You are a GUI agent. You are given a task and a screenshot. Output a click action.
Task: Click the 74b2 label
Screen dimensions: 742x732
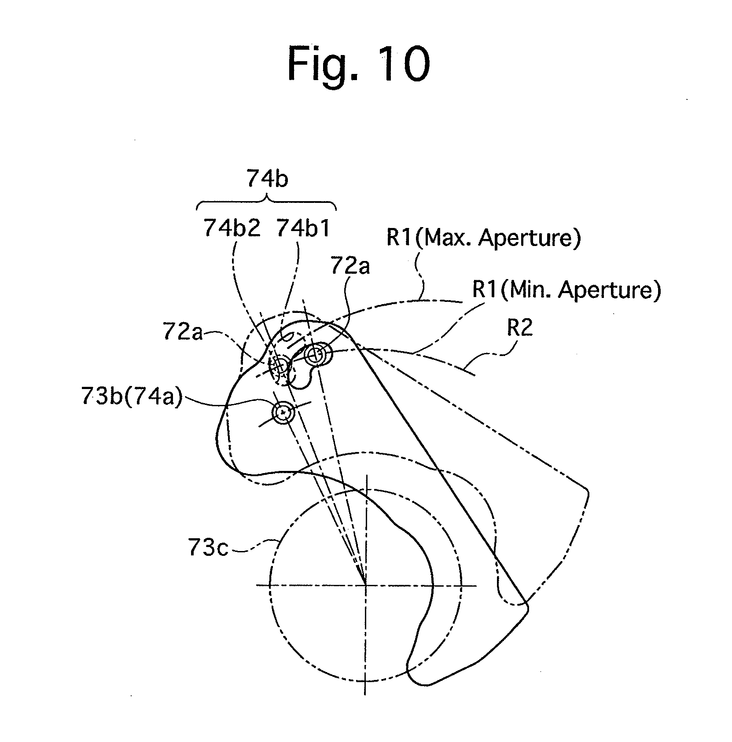click(232, 228)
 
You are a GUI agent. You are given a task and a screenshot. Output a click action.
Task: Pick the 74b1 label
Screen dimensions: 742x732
click(303, 228)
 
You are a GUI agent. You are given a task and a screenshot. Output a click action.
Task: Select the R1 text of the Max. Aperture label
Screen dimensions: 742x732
click(399, 238)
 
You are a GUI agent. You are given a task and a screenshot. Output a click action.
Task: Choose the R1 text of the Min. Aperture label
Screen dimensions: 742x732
click(485, 290)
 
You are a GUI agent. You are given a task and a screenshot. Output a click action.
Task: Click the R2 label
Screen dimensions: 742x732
click(520, 328)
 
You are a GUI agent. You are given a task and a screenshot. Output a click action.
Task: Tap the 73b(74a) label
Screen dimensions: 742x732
click(132, 398)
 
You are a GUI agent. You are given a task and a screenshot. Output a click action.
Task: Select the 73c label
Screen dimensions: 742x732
click(208, 549)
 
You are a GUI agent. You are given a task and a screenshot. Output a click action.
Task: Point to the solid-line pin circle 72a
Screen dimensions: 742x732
click(316, 354)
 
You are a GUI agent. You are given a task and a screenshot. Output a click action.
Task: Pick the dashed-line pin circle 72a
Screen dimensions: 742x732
click(278, 365)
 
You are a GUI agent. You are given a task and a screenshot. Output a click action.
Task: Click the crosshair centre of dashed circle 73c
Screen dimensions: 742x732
click(366, 585)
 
